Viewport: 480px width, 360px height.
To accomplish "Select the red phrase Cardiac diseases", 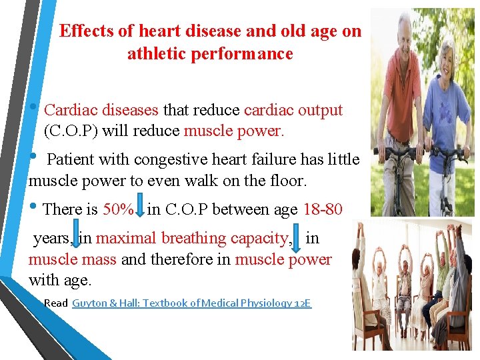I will pos(101,110).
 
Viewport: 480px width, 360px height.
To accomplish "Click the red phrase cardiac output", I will pos(293,110).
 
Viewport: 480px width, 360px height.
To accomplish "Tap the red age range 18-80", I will pos(323,209).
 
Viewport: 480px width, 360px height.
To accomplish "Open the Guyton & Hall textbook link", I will pos(191,303).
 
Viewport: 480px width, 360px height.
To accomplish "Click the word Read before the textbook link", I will pos(56,303).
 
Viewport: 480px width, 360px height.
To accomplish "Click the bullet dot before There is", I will pos(33,208).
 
